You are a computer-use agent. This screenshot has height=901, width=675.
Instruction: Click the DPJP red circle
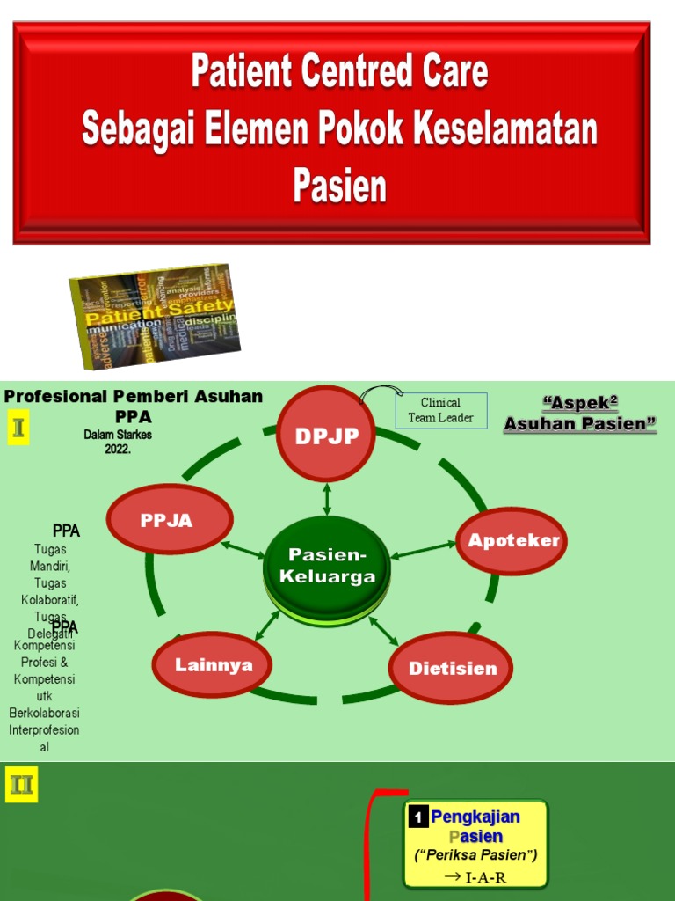(327, 435)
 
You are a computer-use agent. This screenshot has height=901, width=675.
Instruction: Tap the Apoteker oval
(512, 540)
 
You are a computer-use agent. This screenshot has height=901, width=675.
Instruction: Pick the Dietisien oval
(451, 668)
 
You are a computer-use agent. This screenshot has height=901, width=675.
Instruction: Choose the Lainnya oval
(213, 664)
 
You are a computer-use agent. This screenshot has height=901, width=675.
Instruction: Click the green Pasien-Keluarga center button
(327, 567)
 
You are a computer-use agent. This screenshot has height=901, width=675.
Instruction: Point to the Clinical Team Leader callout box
(440, 410)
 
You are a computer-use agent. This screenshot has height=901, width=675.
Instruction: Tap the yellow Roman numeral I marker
(18, 430)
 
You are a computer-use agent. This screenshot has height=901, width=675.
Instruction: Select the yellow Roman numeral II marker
(20, 784)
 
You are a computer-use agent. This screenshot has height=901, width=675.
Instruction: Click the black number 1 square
(418, 817)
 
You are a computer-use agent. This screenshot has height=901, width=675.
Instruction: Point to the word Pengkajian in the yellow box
(475, 817)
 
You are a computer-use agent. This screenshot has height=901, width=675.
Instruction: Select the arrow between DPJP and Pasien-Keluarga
(327, 498)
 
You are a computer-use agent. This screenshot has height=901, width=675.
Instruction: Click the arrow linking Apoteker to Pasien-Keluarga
(423, 550)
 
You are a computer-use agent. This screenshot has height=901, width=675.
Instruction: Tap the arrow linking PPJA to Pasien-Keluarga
(243, 550)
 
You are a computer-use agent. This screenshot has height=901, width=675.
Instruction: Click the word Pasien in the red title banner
(339, 187)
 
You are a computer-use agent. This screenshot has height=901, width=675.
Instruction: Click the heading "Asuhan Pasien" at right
(580, 424)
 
